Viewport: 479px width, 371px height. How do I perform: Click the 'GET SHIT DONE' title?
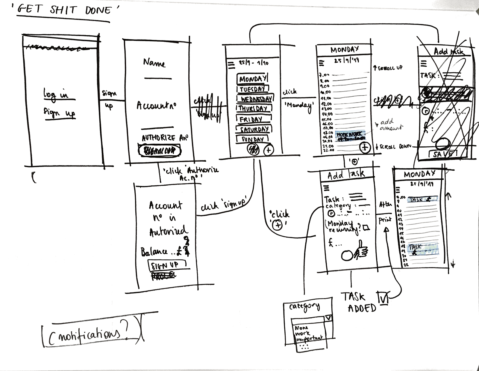64,10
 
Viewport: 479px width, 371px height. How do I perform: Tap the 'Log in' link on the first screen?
56,94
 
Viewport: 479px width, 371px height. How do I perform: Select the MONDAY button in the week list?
252,79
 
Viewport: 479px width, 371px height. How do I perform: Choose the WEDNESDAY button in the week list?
255,99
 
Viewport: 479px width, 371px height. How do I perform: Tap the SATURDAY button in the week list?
254,130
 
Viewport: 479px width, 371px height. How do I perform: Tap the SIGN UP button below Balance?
165,265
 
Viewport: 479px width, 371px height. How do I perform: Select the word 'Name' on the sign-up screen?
154,63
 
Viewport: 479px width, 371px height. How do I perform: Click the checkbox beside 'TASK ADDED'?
383,298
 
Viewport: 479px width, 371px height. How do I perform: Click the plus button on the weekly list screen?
268,149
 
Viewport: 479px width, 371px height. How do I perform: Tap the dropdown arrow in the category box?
328,318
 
